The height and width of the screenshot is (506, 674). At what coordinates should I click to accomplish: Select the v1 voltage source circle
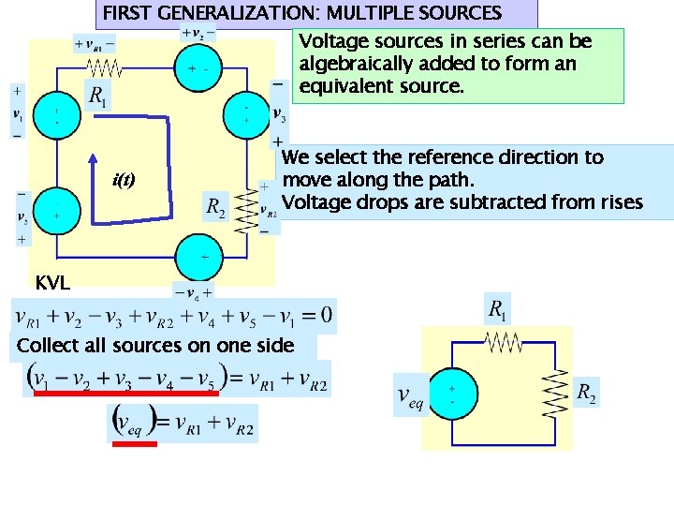[55, 115]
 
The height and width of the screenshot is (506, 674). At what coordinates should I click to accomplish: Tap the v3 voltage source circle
[247, 114]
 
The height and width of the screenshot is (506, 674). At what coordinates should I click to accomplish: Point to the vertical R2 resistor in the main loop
[247, 205]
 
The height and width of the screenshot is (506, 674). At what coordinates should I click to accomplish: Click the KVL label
[51, 283]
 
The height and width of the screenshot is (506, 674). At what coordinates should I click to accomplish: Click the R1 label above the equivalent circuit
[501, 309]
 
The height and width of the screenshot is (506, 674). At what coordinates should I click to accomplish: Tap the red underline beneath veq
[134, 444]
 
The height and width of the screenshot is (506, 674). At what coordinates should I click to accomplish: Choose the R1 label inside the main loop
[97, 96]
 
